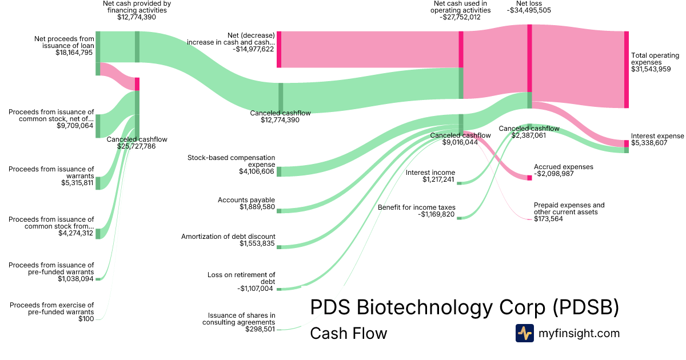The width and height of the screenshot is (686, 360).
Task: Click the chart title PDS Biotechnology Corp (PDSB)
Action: [x=464, y=307]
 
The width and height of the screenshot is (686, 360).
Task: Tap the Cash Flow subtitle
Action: [x=348, y=333]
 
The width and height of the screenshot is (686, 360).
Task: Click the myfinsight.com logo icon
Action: [x=524, y=333]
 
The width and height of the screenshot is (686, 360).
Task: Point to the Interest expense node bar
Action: [x=626, y=143]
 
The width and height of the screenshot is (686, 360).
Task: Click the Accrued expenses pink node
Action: [x=529, y=178]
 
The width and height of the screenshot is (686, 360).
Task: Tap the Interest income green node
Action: [x=458, y=183]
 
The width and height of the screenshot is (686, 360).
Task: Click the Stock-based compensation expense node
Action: [x=279, y=171]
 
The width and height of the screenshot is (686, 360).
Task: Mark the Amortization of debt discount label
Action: [x=228, y=236]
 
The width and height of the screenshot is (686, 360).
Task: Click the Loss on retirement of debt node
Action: [x=279, y=289]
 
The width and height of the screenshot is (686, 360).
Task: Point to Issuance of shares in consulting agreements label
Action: [x=241, y=318]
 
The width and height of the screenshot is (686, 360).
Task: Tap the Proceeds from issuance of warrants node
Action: [x=98, y=183]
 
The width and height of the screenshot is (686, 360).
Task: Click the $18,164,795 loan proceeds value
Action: [x=74, y=53]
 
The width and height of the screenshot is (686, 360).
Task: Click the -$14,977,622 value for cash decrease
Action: [x=253, y=49]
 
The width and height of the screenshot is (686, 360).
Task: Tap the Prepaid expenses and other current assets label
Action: [x=569, y=209]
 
